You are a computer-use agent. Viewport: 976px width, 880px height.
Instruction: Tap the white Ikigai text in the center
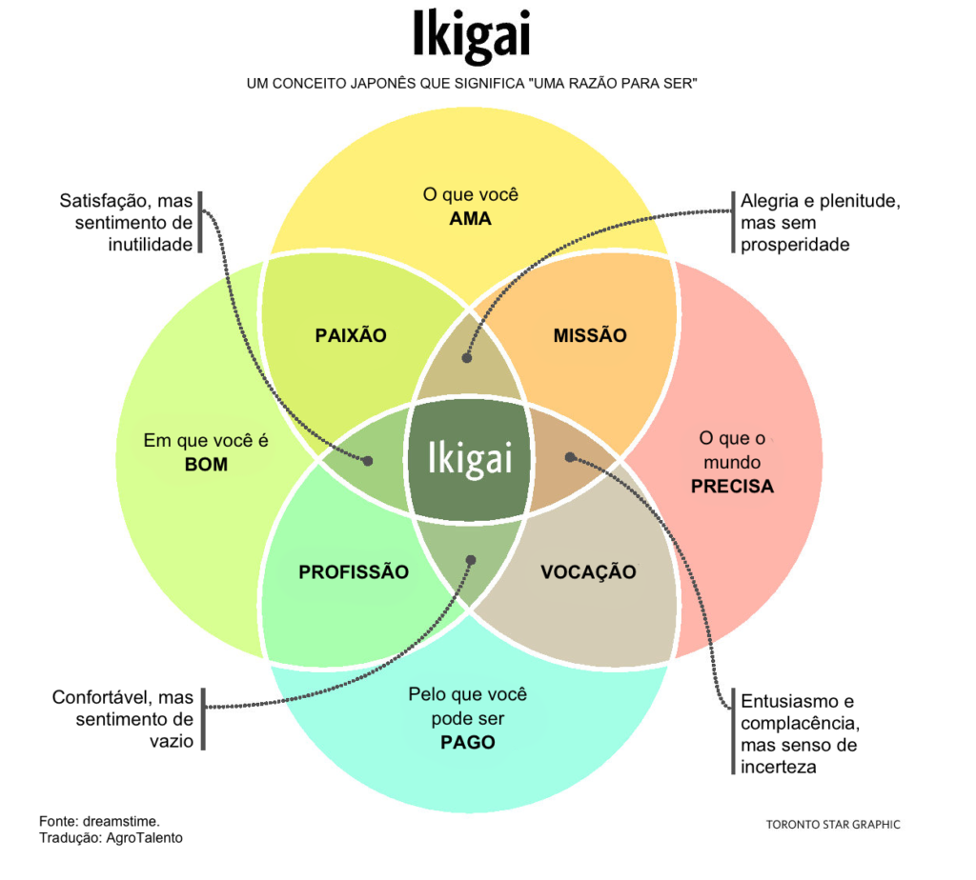pyautogui.click(x=470, y=458)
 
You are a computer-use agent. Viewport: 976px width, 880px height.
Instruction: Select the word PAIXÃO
pyautogui.click(x=351, y=335)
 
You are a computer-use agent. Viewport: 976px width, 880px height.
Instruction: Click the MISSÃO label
pyautogui.click(x=590, y=335)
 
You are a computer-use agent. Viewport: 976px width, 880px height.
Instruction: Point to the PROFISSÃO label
pyautogui.click(x=354, y=572)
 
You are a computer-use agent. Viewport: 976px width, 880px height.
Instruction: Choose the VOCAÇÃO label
pyautogui.click(x=588, y=572)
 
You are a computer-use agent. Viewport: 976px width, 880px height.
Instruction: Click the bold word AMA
pyautogui.click(x=470, y=219)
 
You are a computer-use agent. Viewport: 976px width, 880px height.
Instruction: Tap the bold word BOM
pyautogui.click(x=206, y=465)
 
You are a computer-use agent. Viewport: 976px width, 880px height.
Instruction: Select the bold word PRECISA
pyautogui.click(x=732, y=486)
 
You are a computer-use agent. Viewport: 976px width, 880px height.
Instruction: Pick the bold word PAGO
pyautogui.click(x=467, y=742)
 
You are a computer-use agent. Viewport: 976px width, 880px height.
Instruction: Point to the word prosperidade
pyautogui.click(x=795, y=245)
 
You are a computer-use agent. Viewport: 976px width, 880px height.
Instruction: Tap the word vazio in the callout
pyautogui.click(x=172, y=740)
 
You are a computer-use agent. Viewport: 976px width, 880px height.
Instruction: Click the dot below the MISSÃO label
pyautogui.click(x=467, y=358)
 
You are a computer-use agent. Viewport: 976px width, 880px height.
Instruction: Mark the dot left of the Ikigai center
pyautogui.click(x=369, y=460)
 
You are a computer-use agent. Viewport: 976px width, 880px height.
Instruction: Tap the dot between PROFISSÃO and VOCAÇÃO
pyautogui.click(x=469, y=559)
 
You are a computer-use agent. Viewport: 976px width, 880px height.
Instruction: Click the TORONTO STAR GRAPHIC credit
pyautogui.click(x=833, y=825)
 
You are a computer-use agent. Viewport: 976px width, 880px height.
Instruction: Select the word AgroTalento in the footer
pyautogui.click(x=143, y=838)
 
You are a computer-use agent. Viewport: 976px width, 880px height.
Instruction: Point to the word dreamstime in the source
pyautogui.click(x=120, y=821)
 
